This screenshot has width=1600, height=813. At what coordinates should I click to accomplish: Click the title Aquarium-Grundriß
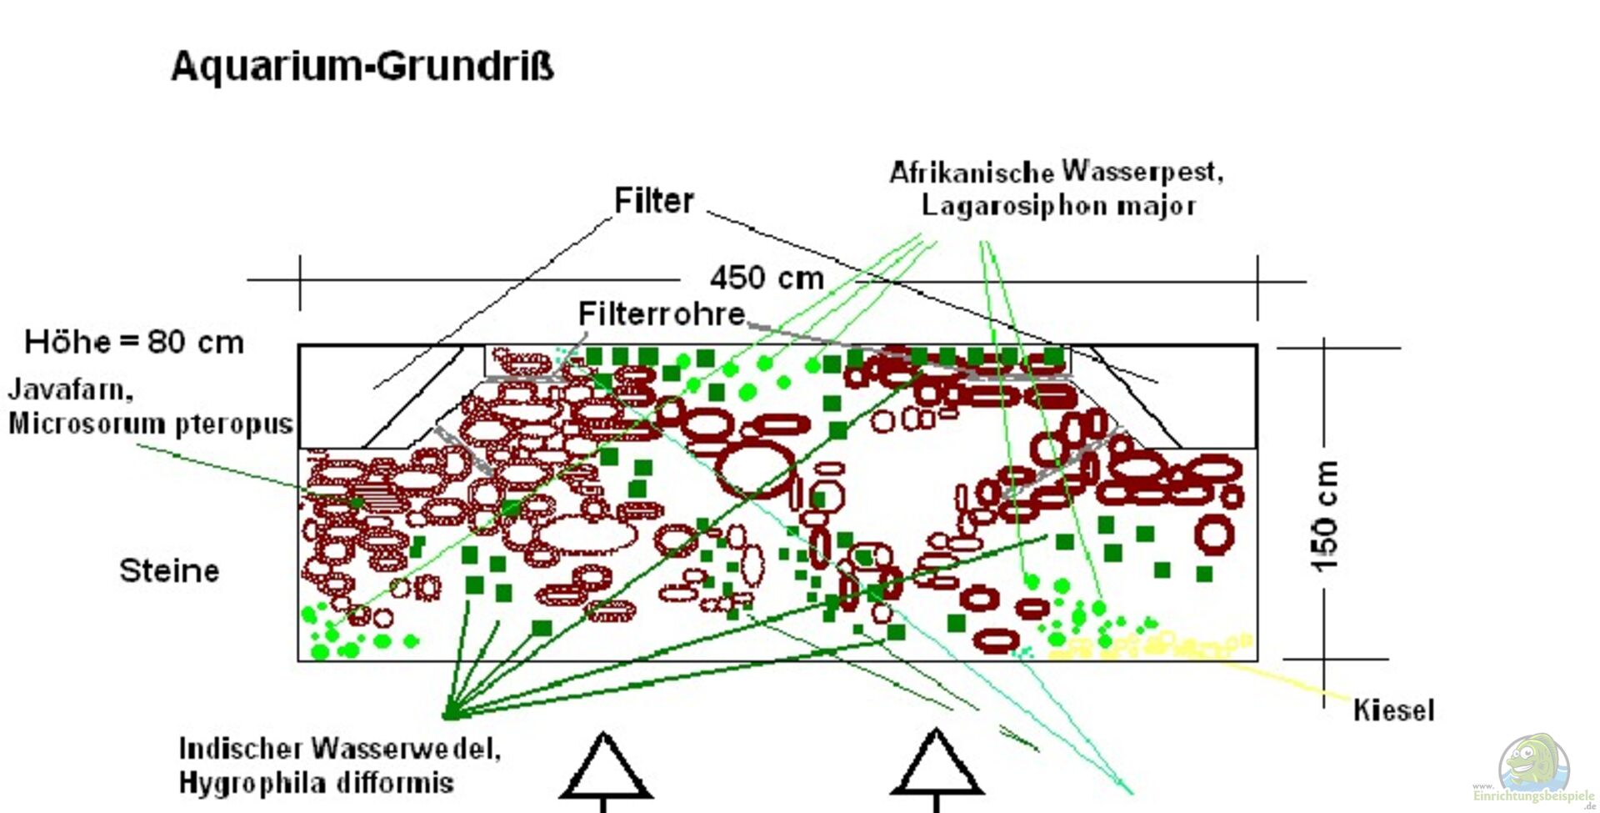(362, 66)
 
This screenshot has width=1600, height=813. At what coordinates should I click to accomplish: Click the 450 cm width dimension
(767, 278)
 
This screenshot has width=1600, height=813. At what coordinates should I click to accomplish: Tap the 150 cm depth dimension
(1325, 515)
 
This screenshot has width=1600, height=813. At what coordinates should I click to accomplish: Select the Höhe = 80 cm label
(134, 342)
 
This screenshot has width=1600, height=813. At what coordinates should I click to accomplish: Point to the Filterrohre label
(662, 314)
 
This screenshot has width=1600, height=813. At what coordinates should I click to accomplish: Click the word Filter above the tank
(654, 201)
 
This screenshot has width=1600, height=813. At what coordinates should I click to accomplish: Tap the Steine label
(169, 571)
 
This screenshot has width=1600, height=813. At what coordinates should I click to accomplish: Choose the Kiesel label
(1393, 710)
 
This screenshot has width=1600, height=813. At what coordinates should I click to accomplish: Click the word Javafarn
(71, 389)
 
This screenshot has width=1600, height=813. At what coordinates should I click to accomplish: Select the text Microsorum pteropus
(151, 424)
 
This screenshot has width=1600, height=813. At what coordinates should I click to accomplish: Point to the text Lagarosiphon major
(1058, 206)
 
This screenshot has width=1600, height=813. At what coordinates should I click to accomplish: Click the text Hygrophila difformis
(317, 783)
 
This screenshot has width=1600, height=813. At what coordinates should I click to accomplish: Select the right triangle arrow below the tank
(937, 765)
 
